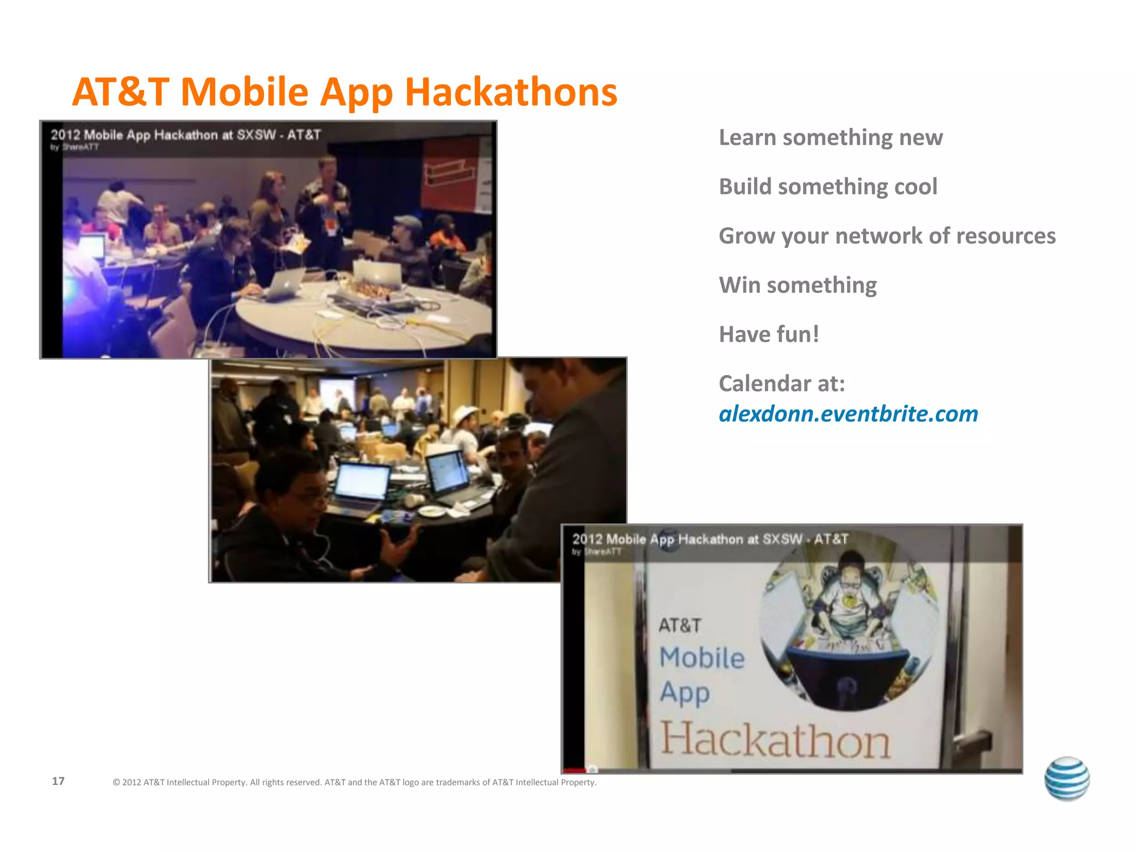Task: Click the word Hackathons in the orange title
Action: click(511, 92)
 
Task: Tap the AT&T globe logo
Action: click(1067, 778)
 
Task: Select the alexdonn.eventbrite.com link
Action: click(848, 414)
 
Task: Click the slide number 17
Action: click(58, 781)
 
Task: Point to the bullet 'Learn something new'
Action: click(830, 138)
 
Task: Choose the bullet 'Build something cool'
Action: click(828, 187)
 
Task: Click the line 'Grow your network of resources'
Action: click(887, 236)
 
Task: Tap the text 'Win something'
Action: click(798, 285)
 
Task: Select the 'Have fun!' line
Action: click(769, 334)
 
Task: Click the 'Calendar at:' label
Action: click(782, 383)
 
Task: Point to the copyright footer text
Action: click(354, 782)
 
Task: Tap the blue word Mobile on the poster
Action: click(702, 658)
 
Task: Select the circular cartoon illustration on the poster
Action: click(849, 627)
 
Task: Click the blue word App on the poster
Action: click(684, 693)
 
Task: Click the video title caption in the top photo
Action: click(186, 135)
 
